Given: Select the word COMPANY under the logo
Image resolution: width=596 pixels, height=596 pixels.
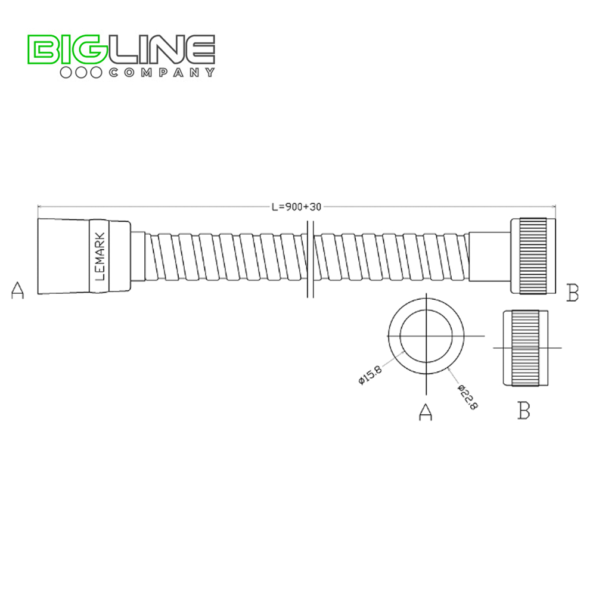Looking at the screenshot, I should pyautogui.click(x=161, y=73).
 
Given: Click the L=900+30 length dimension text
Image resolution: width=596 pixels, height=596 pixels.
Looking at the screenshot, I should pyautogui.click(x=296, y=207).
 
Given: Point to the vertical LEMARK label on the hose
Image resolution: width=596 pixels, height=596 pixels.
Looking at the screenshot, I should pyautogui.click(x=100, y=256).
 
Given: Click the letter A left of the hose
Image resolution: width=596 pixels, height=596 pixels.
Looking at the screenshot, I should pyautogui.click(x=18, y=291).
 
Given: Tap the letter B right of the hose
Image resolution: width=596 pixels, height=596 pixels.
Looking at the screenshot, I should pyautogui.click(x=573, y=293).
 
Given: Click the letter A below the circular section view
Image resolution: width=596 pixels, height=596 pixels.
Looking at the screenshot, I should pyautogui.click(x=425, y=412).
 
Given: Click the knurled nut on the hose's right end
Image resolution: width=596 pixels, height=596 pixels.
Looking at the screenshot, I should pyautogui.click(x=533, y=256).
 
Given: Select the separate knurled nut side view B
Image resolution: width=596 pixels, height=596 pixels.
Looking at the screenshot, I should pyautogui.click(x=524, y=347).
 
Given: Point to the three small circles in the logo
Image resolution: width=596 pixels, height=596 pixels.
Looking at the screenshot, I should pyautogui.click(x=81, y=73).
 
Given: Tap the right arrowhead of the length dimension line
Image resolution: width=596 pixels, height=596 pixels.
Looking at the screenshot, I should pyautogui.click(x=554, y=207).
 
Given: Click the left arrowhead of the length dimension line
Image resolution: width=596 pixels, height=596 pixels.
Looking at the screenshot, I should pyautogui.click(x=39, y=207).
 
